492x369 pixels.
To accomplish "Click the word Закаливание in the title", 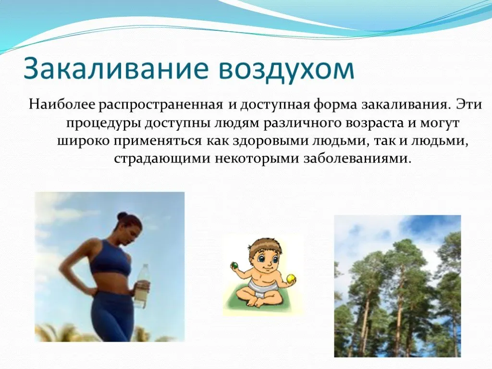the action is click(116, 68).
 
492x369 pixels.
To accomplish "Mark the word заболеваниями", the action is click(357, 159).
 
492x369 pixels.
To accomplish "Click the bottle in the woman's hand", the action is click(142, 285).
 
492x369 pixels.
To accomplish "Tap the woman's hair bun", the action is click(122, 216).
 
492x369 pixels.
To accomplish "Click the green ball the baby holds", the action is click(234, 265).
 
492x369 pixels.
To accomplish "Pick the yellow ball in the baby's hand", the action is click(291, 278).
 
